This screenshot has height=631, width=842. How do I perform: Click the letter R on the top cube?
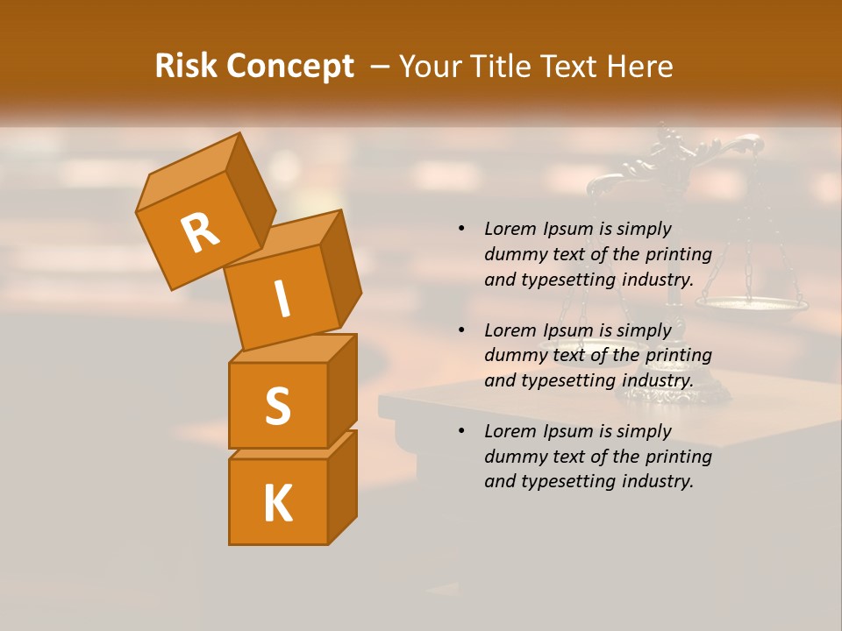[200, 232]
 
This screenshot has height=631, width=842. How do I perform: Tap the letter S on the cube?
[277, 406]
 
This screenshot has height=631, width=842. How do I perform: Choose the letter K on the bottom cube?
[277, 504]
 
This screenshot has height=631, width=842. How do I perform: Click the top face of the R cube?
[189, 172]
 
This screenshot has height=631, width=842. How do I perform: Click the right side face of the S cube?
[342, 390]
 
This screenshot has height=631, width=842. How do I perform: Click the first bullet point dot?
[461, 229]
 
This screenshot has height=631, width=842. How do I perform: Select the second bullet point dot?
[461, 330]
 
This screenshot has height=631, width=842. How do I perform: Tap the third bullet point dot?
[461, 431]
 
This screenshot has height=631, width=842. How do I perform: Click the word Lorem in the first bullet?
[509, 229]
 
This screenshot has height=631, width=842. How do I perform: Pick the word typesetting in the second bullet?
[566, 380]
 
